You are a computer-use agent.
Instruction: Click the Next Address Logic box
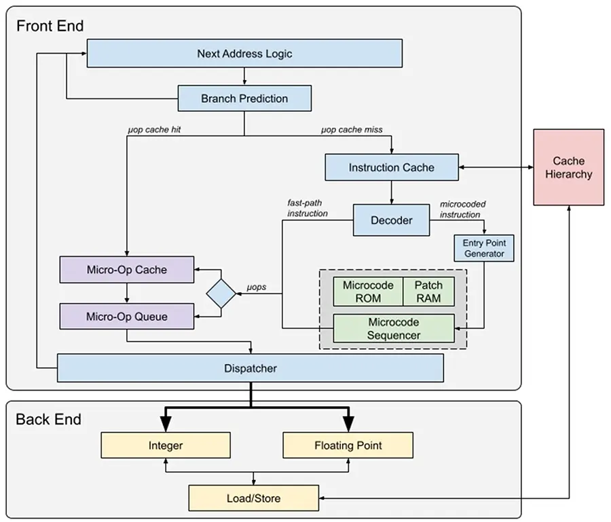[244, 54]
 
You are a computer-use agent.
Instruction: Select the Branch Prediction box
[244, 98]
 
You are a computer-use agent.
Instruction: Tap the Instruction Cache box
[392, 167]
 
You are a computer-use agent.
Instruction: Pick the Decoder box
[391, 220]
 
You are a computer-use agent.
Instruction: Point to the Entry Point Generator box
[483, 249]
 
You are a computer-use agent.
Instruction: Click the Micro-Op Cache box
[127, 269]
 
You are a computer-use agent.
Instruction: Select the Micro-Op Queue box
[127, 316]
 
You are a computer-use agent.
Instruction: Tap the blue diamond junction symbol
[221, 293]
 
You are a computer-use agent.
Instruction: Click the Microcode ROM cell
[367, 292]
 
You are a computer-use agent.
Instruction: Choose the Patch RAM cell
[428, 292]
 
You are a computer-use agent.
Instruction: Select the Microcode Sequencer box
[393, 328]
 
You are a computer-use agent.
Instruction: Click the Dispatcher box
[250, 368]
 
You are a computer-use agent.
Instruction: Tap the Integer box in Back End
[166, 445]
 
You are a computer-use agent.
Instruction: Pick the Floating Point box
[348, 445]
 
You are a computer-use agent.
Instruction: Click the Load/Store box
[253, 498]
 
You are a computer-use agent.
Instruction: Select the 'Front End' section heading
[50, 26]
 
